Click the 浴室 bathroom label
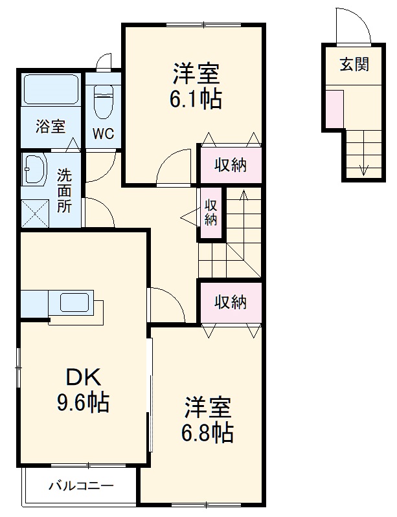pyautogui.click(x=50, y=126)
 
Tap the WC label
pyautogui.click(x=102, y=134)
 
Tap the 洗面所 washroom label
pyautogui.click(x=64, y=191)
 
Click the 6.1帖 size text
pyautogui.click(x=195, y=98)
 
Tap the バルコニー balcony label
pyautogui.click(x=81, y=485)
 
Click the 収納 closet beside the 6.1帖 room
pyautogui.click(x=231, y=165)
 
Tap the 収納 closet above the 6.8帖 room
pyautogui.click(x=231, y=302)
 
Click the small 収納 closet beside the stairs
pyautogui.click(x=211, y=211)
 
